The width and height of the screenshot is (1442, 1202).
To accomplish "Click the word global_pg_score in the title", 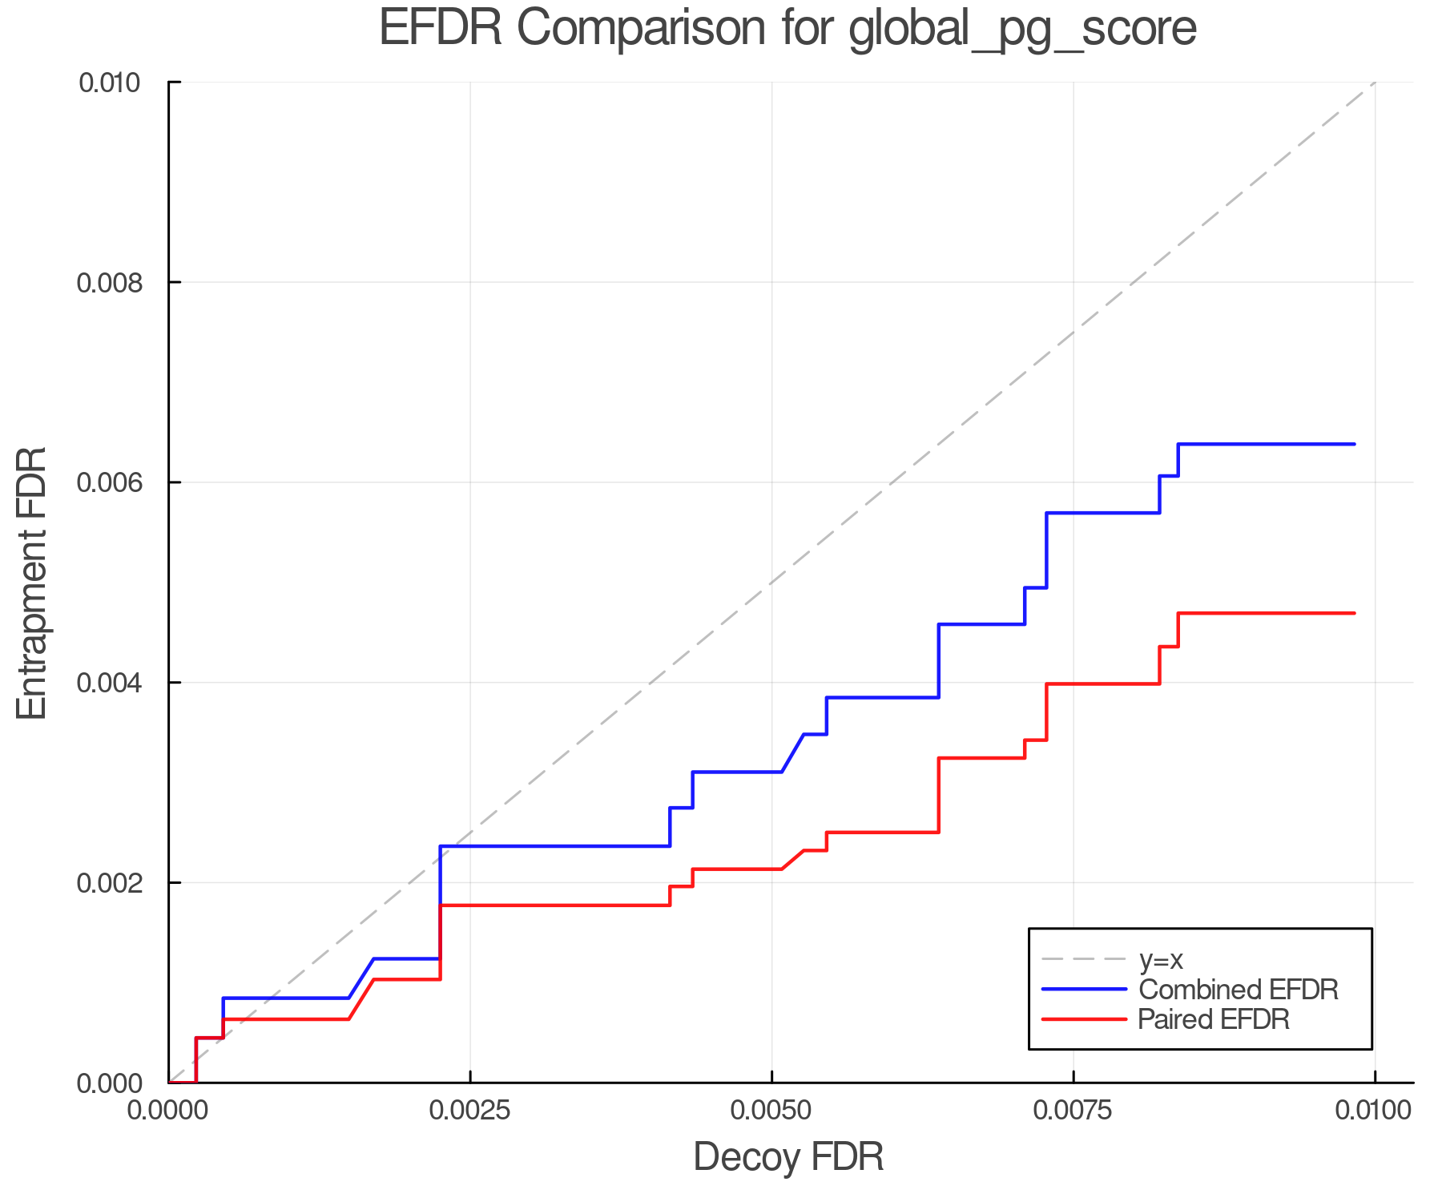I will (x=1022, y=30).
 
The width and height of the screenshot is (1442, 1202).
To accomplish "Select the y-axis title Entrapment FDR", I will (x=33, y=583).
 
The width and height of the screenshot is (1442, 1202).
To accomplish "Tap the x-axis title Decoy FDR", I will (x=788, y=1156).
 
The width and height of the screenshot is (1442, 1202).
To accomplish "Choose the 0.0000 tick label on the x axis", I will (x=168, y=1111).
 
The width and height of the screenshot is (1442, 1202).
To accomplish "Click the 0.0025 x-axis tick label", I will (x=469, y=1111).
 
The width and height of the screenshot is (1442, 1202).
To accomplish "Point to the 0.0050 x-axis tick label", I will (x=771, y=1111).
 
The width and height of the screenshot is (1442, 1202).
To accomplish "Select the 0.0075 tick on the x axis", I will (x=1073, y=1111).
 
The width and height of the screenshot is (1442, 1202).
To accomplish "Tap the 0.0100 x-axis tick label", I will (x=1375, y=1111).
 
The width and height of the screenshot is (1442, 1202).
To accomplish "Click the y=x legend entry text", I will (x=1161, y=959).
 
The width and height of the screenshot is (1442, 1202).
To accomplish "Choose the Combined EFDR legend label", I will (x=1238, y=990).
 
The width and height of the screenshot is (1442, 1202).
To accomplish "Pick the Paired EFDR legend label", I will (x=1214, y=1019).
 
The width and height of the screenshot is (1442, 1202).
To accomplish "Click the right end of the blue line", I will (x=1354, y=444).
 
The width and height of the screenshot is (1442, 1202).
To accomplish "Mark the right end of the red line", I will (x=1354, y=613).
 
